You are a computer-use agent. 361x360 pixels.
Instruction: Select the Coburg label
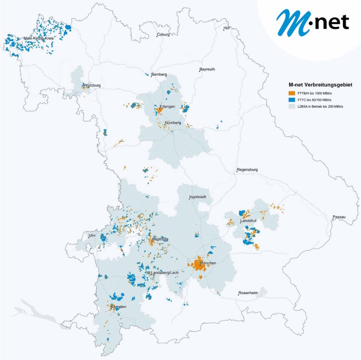coord(163,35)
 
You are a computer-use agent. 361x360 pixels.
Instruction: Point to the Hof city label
coord(228,28)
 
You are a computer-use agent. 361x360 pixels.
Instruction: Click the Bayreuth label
coord(207,69)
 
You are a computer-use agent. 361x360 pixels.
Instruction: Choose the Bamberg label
coord(159,75)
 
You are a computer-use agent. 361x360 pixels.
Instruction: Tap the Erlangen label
coord(167,107)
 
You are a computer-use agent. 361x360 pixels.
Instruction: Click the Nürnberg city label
coord(172,123)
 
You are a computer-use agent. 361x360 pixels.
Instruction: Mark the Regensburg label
coord(247,170)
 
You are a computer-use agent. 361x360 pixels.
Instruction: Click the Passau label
coord(339,217)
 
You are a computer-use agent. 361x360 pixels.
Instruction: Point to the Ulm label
coord(91,235)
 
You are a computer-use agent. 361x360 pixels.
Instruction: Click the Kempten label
coord(117,307)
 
